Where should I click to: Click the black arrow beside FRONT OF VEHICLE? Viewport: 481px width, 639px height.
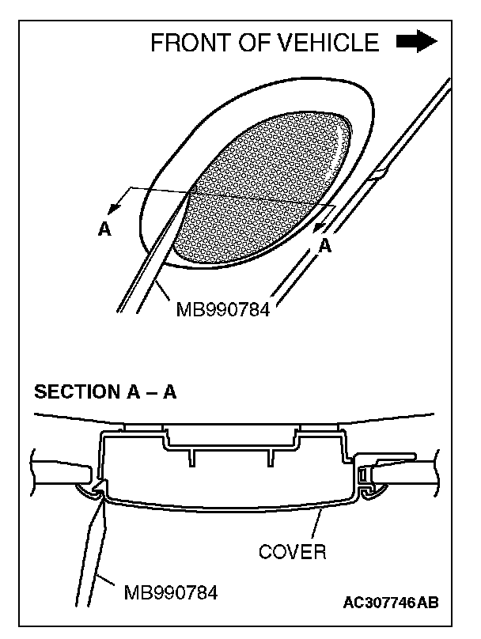[416, 41]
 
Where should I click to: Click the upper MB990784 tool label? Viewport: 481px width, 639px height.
[222, 309]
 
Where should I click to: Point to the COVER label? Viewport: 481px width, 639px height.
[292, 551]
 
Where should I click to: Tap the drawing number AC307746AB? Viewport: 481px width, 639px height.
[391, 603]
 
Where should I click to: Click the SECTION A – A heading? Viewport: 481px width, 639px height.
[105, 393]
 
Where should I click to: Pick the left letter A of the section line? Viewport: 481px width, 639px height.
[104, 229]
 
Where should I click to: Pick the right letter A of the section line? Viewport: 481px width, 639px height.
[324, 247]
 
